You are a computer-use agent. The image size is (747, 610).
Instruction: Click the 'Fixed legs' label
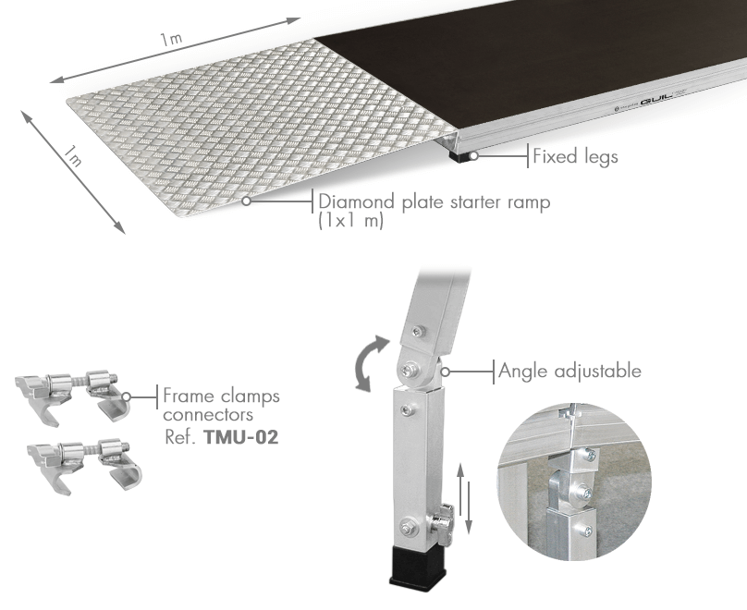click(575, 156)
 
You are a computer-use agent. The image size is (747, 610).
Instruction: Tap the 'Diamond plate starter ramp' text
click(434, 201)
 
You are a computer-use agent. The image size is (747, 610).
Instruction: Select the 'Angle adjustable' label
click(569, 371)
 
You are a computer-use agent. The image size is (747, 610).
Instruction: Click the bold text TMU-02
click(240, 436)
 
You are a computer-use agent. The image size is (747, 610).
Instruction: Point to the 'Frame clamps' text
click(222, 396)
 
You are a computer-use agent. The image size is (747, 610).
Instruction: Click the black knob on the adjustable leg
click(445, 524)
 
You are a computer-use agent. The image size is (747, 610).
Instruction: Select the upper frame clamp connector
click(72, 393)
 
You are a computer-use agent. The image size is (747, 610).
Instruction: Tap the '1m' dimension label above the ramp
click(170, 39)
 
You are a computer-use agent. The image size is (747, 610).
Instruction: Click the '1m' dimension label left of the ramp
click(73, 156)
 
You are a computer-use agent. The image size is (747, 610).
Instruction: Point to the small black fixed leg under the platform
click(459, 155)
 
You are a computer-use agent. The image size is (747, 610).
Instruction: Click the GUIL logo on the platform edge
click(656, 100)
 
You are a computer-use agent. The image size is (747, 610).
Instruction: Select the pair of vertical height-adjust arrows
click(464, 498)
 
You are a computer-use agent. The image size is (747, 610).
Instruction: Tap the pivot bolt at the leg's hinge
click(410, 368)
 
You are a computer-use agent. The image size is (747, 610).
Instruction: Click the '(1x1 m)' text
click(350, 221)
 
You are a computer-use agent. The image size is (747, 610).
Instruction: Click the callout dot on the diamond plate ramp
click(246, 201)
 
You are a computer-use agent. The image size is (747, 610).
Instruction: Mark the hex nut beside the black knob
click(407, 528)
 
